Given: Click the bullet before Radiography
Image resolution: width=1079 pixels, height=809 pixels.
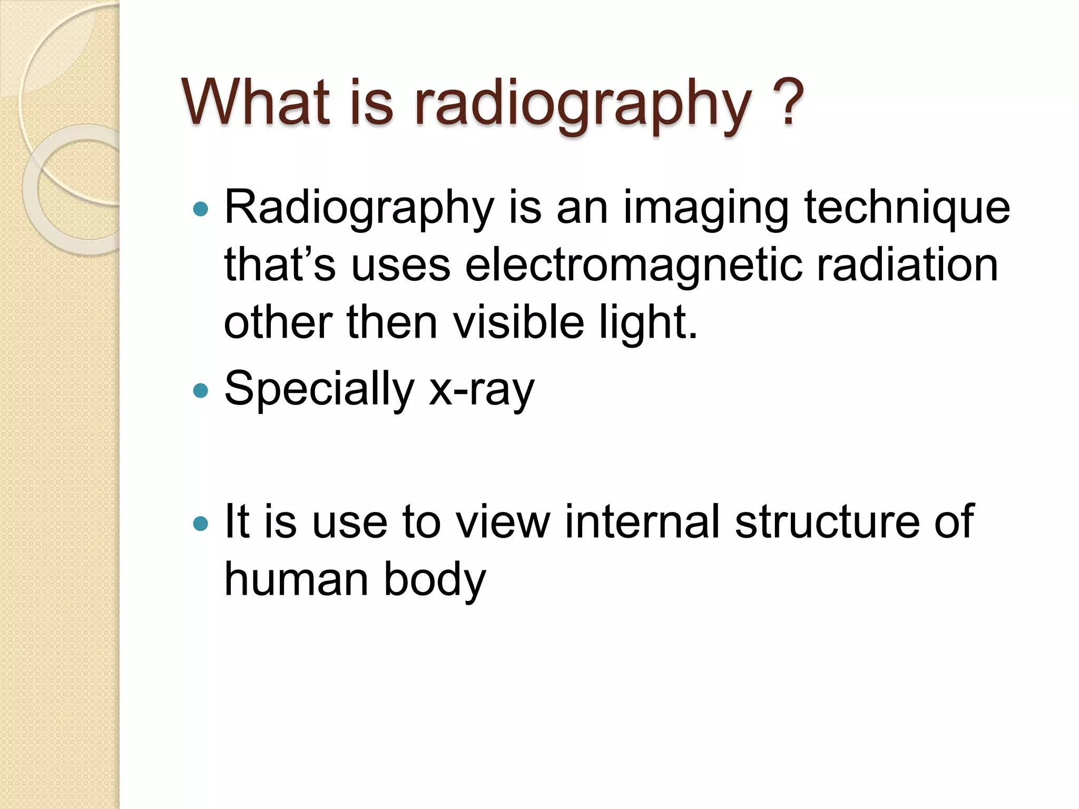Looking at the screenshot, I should click(x=201, y=210).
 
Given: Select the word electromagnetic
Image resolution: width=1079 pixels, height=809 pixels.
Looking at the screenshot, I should click(x=634, y=266).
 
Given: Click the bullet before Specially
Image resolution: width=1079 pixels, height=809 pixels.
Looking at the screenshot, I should click(x=201, y=390).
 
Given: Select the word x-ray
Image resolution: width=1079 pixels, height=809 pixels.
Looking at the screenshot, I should click(x=482, y=390).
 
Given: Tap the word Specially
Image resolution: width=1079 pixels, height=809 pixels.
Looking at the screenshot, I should click(x=319, y=390).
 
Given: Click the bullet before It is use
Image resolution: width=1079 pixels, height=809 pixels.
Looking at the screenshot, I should click(x=201, y=523).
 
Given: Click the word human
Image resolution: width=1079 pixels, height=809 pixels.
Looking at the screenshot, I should click(x=296, y=579).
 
